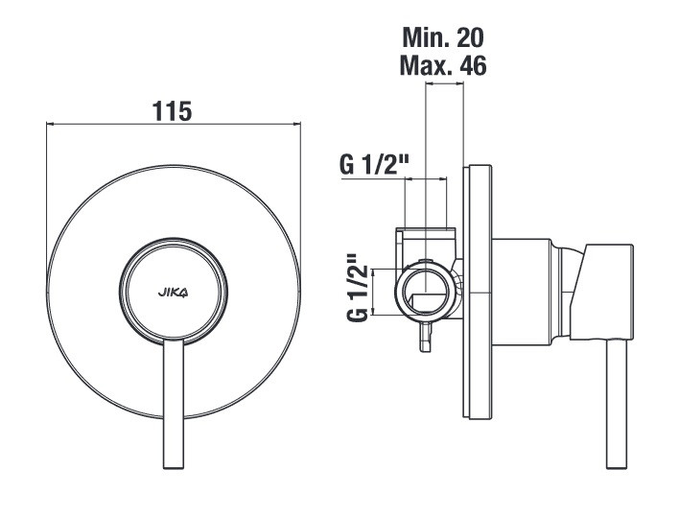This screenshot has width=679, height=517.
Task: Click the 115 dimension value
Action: pos(172,111)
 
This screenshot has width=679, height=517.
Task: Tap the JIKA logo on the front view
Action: pos(173,294)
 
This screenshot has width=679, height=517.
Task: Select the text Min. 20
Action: pos(443,37)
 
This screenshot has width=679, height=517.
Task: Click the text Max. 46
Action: pos(443,65)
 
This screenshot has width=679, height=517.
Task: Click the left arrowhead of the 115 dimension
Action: pos(49,125)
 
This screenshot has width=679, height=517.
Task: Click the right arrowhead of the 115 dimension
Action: pos(297,125)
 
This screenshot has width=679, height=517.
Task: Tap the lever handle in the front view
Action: pos(174,404)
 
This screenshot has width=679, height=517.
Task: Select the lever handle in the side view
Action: pos(617,404)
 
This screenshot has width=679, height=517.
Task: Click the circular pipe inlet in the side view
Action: pos(427,292)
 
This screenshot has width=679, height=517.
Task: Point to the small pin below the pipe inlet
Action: pos(426,336)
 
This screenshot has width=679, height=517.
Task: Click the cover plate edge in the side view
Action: pos(478,292)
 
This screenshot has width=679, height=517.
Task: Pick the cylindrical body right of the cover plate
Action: pos(522,292)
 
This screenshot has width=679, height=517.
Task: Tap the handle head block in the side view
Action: pos(602,292)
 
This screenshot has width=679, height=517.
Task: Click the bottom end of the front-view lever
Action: pos(174,468)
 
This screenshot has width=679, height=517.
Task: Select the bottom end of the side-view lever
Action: pos(617,468)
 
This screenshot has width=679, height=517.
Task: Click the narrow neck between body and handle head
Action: pos(566,292)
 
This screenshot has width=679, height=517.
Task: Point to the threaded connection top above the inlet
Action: pos(425,228)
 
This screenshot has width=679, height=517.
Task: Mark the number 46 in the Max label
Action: pos(474,65)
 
